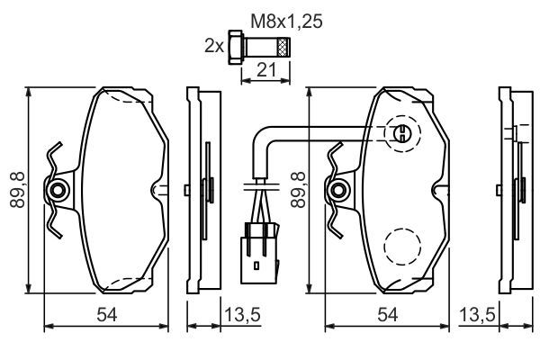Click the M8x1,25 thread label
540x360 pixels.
tap(286, 22)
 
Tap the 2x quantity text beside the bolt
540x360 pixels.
tap(214, 46)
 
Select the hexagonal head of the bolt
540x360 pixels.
tap(236, 47)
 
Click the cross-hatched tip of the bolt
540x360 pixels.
tap(283, 47)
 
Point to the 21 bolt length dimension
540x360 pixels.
tap(266, 70)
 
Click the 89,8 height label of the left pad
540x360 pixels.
tap(18, 190)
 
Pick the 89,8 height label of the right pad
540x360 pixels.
tap(298, 190)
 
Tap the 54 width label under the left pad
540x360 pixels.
tap(107, 314)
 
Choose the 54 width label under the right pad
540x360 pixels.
tap(388, 314)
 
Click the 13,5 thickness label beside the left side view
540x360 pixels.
tap(242, 314)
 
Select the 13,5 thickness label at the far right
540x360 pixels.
tap(477, 314)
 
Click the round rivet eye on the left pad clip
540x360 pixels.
tap(58, 190)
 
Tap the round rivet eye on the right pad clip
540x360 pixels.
tap(339, 190)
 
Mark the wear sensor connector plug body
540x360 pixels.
tap(260, 254)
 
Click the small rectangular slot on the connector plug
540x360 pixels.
tap(256, 265)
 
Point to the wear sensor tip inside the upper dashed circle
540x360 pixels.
tap(402, 133)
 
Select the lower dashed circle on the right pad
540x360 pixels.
tap(402, 247)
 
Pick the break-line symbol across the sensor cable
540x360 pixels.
tap(261, 186)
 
